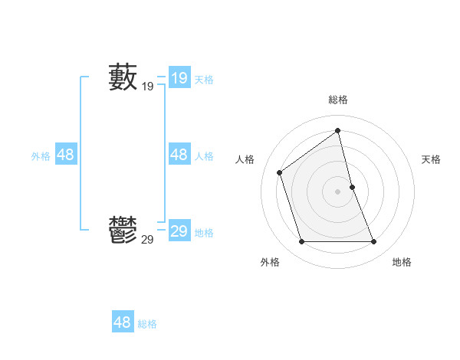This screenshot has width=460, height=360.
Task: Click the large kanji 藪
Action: tap(123, 77)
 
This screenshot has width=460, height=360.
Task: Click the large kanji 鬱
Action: tap(123, 230)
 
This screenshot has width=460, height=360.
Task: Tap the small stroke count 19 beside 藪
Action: tap(147, 87)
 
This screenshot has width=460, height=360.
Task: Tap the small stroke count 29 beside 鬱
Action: tap(147, 240)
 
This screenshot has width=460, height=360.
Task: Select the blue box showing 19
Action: tap(179, 77)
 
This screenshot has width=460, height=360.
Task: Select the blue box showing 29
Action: tap(179, 231)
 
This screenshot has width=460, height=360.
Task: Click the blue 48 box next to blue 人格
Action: tap(179, 155)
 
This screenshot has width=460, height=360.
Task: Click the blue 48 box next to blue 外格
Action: tap(66, 155)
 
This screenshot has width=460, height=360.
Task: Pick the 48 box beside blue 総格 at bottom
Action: tap(123, 322)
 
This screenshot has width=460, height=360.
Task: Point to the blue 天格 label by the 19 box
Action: tap(204, 79)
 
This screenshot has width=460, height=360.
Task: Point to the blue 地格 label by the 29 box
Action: tap(204, 233)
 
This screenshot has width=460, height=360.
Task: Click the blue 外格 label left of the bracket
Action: tap(41, 156)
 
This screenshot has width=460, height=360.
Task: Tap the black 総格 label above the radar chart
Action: tap(338, 100)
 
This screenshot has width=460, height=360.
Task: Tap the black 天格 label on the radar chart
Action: tap(431, 159)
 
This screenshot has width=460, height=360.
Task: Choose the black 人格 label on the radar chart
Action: tap(245, 159)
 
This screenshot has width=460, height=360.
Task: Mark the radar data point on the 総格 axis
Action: tap(338, 131)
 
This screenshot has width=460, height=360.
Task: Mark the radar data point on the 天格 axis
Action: tap(352, 187)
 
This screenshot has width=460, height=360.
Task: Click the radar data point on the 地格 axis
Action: tap(374, 242)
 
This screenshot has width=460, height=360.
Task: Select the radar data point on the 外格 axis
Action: tap(301, 242)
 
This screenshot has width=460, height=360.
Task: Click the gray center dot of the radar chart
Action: tap(338, 191)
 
